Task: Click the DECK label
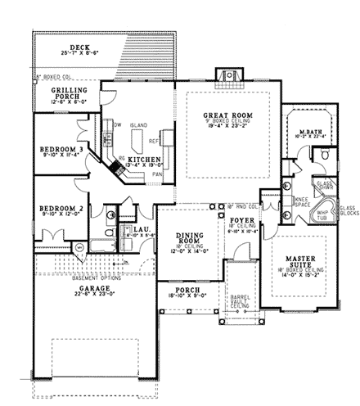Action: coord(79,47)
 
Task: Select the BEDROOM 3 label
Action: coord(62,150)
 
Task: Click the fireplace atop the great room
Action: coord(222,75)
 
